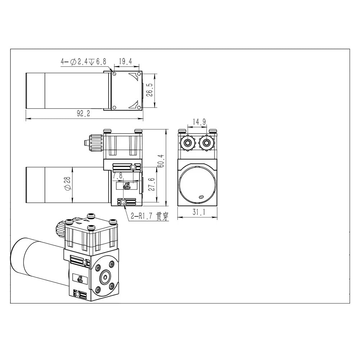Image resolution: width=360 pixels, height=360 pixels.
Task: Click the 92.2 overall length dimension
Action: (x=83, y=113)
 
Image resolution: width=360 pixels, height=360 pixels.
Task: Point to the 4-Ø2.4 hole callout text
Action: (x=83, y=62)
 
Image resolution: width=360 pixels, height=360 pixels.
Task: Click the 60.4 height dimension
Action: (x=161, y=162)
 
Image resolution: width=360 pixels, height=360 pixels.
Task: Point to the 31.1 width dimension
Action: (x=198, y=213)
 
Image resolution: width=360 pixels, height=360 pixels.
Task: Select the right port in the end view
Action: (x=207, y=143)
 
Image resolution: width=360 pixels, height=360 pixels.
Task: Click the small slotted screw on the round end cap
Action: (x=201, y=197)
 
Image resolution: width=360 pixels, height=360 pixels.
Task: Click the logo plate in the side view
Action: (x=126, y=186)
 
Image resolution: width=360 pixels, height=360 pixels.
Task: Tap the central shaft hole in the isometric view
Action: (x=105, y=276)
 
